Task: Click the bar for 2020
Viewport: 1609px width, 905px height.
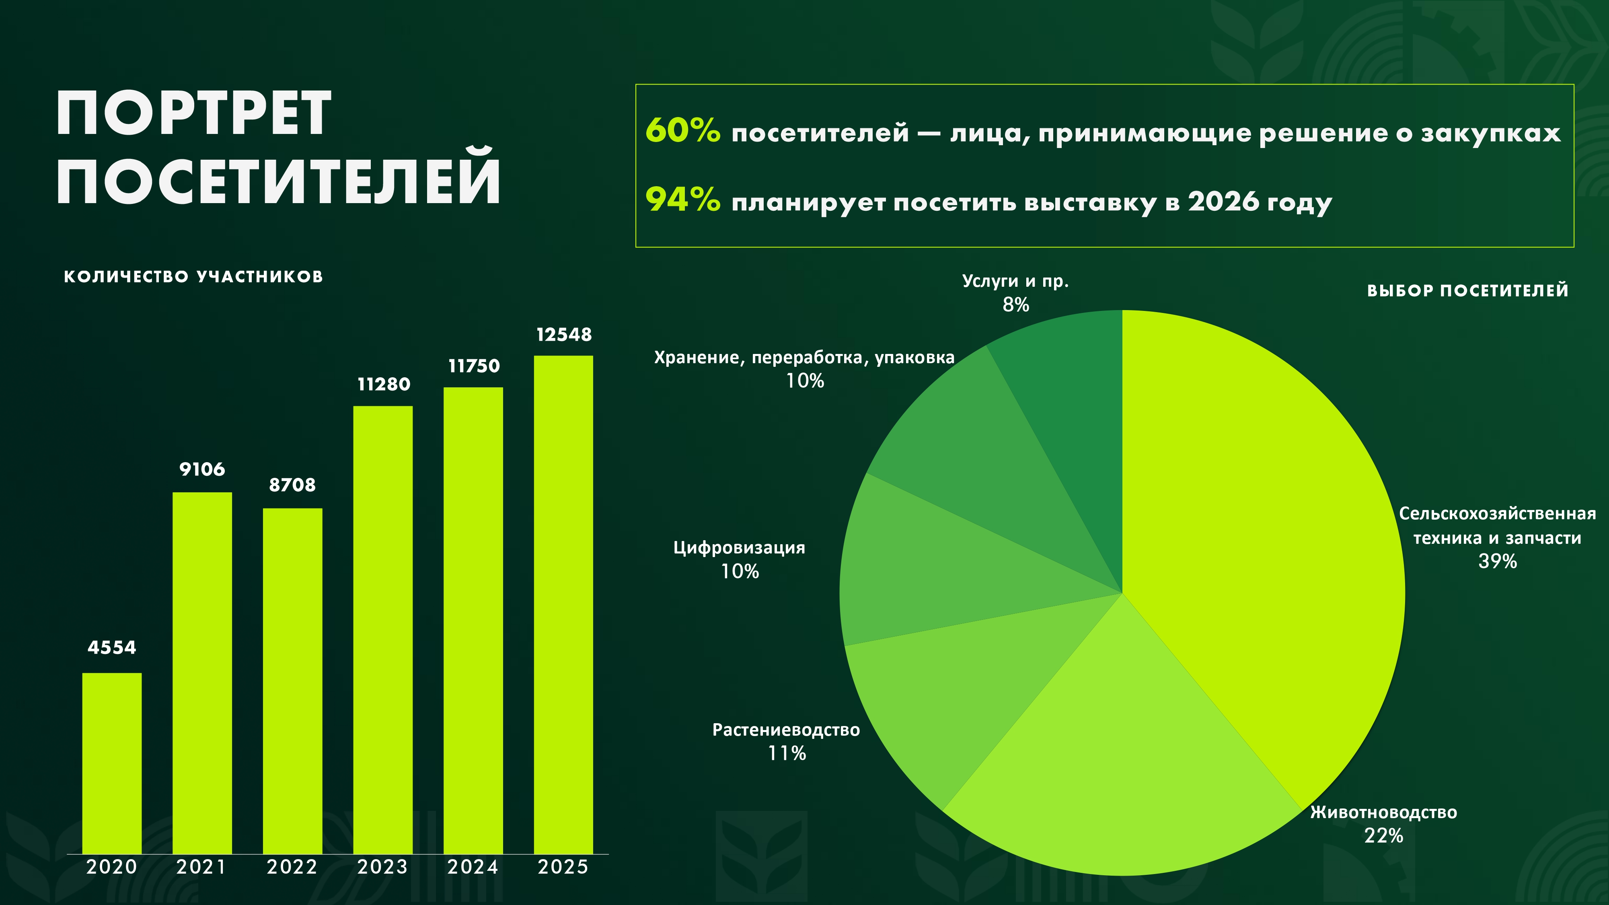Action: coord(112,763)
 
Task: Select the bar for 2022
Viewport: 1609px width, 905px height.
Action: coord(292,681)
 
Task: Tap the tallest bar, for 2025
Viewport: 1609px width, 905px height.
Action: coord(563,605)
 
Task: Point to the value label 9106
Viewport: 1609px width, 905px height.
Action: coord(202,469)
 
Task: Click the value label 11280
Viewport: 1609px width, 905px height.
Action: coord(384,384)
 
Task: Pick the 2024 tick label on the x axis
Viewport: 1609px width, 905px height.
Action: coord(473,867)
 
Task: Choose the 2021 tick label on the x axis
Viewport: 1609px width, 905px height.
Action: coord(201,867)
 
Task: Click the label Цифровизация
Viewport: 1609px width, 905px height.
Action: coord(740,548)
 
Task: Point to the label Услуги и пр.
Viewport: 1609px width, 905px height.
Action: coord(1015,282)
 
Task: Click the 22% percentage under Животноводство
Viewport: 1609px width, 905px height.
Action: coord(1383,836)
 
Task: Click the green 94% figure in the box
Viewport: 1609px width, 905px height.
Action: coord(683,200)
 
